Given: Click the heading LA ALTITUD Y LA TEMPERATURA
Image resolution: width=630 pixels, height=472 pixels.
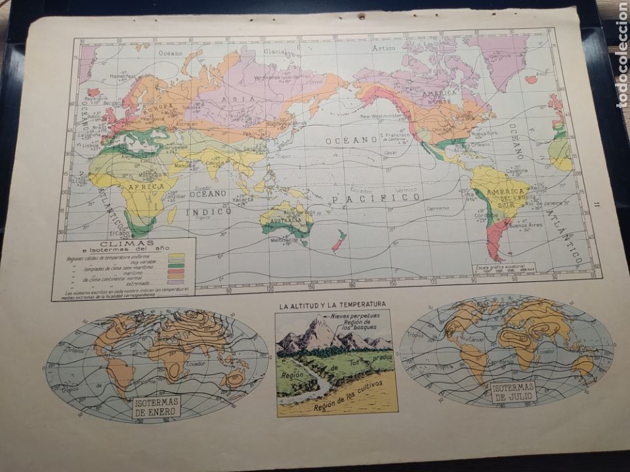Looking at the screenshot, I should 332,304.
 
